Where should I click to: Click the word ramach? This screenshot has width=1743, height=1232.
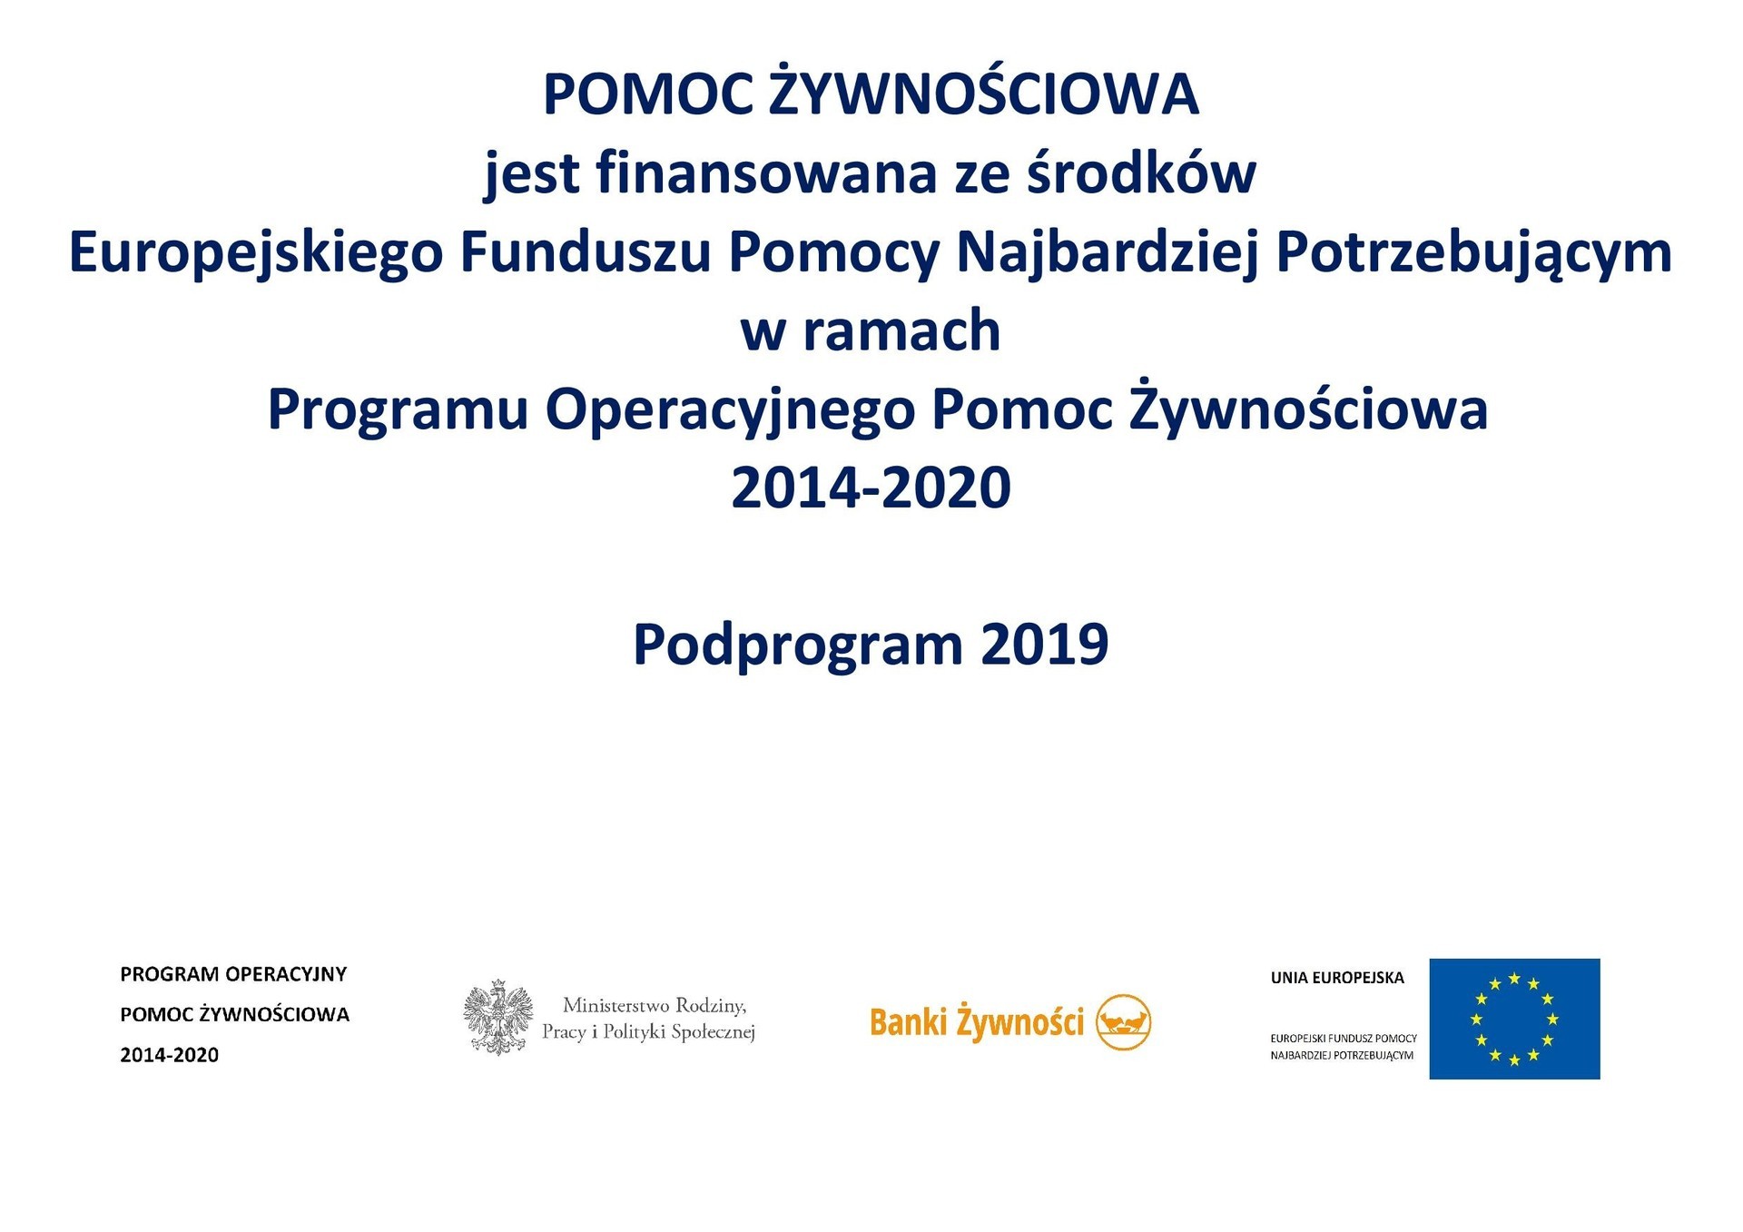point(901,330)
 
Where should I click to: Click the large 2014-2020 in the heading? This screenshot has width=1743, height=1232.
point(871,488)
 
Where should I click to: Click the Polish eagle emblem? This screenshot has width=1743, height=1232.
point(497,1017)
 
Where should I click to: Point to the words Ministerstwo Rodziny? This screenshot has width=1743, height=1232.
point(655,1006)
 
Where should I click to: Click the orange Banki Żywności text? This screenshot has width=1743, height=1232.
point(977,1022)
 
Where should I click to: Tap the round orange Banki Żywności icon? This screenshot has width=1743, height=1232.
point(1124,1022)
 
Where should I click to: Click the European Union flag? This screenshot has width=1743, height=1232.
point(1514,1019)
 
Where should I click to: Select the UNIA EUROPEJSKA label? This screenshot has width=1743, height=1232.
point(1337,978)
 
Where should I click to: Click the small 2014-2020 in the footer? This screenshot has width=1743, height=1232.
point(170,1055)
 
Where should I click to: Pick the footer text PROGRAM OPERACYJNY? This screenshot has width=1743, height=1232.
point(233,974)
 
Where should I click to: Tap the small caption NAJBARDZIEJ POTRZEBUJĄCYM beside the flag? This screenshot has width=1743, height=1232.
point(1342,1056)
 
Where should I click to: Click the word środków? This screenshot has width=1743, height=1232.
point(1142,172)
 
